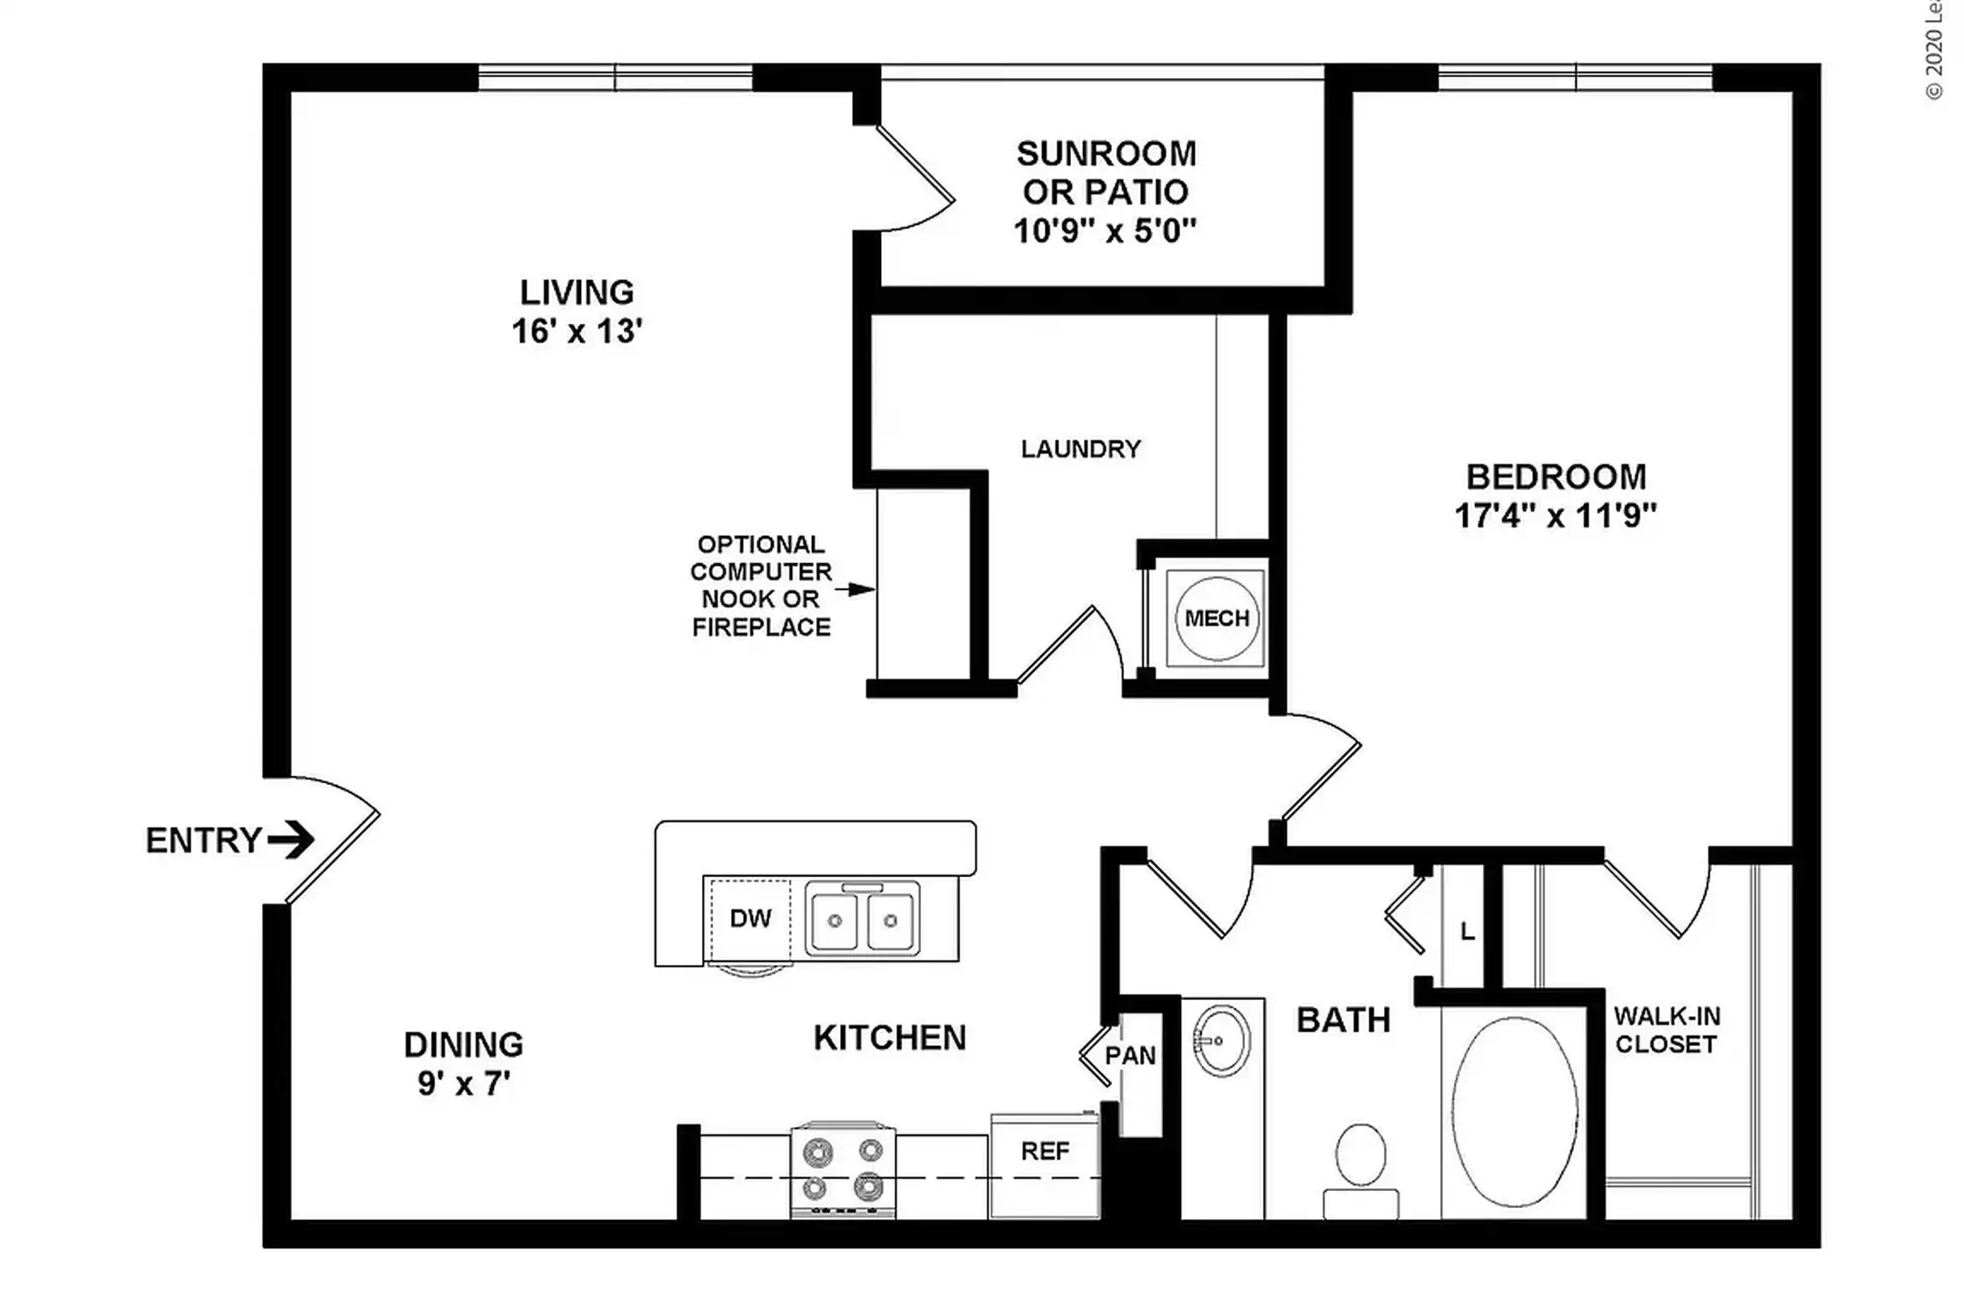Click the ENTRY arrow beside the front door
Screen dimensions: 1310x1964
tap(291, 839)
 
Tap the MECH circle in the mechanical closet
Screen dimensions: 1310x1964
tap(1217, 619)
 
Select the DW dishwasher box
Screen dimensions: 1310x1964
tap(750, 919)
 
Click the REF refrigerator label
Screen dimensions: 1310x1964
tap(1045, 1152)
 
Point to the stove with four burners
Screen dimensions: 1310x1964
tap(843, 1170)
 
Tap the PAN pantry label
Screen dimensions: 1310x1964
tap(1130, 1056)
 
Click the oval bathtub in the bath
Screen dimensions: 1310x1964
tap(1515, 1112)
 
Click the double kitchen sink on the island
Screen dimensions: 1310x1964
tap(862, 920)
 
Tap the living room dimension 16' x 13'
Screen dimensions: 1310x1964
tap(577, 331)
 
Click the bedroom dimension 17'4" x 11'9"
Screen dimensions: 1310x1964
tap(1556, 516)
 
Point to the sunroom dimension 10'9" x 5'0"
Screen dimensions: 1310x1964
tap(1105, 231)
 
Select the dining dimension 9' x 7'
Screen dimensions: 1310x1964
tap(464, 1083)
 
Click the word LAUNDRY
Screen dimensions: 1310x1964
tap(1080, 448)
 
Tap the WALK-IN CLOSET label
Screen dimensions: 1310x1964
tap(1666, 1030)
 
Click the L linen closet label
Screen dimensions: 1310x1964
tap(1467, 932)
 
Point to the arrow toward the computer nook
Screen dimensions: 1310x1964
tap(855, 589)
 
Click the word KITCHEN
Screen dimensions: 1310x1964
tap(889, 1038)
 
